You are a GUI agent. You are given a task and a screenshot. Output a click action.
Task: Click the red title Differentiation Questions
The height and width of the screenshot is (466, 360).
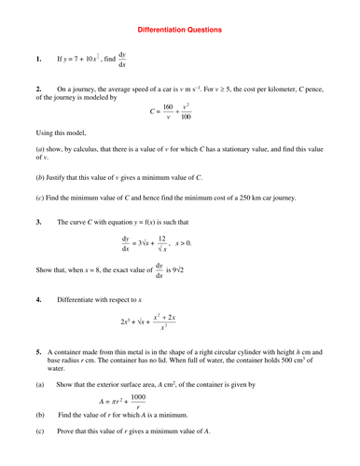point(180,30)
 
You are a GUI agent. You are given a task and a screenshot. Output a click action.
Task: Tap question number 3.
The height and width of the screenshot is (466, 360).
point(38,222)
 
